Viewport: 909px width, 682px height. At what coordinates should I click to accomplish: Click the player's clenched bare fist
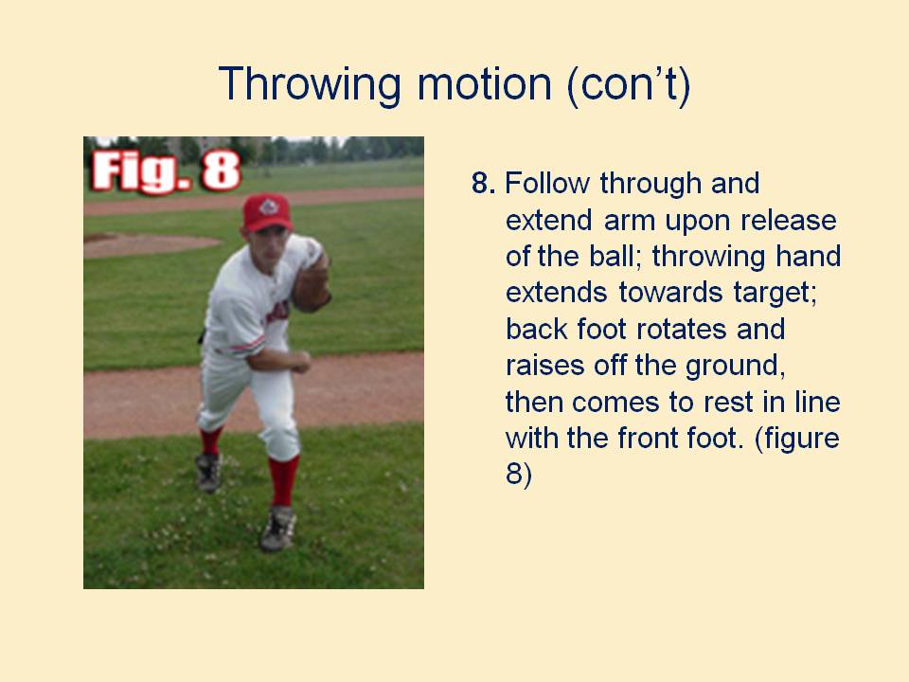[299, 362]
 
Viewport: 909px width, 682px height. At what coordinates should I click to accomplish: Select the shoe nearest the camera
[277, 527]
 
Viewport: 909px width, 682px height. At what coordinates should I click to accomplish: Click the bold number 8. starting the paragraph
[484, 183]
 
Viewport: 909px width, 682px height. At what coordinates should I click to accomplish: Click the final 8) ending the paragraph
[519, 476]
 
